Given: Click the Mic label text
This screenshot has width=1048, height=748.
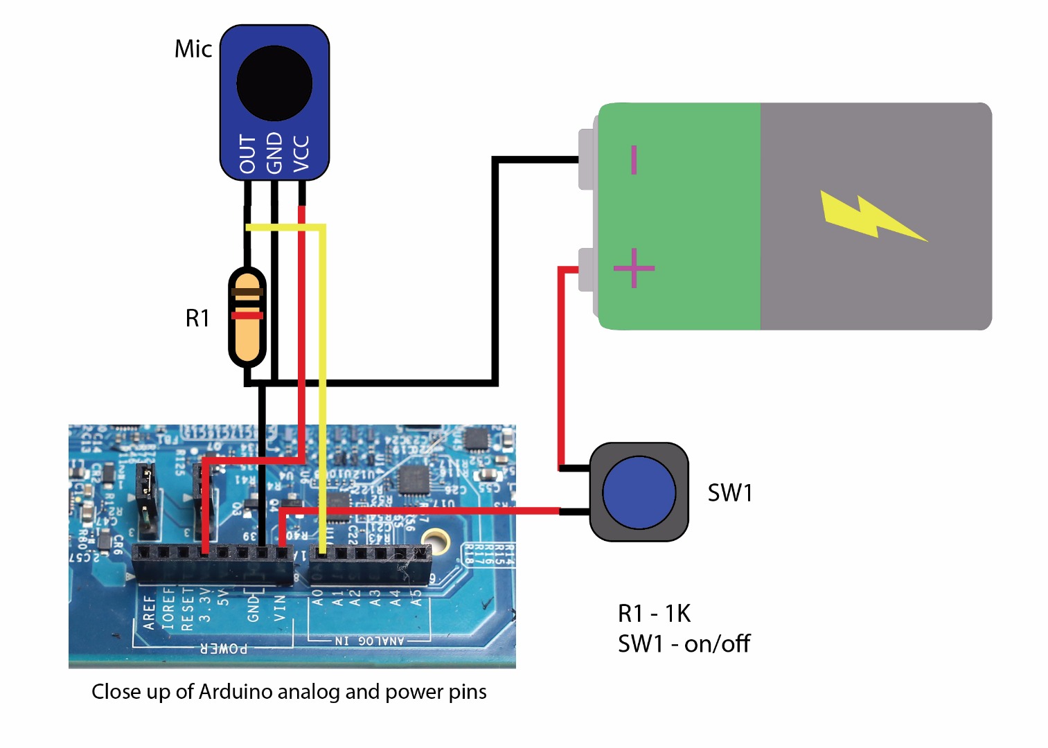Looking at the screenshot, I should tap(193, 49).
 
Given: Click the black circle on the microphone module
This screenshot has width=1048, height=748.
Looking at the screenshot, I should tap(274, 83).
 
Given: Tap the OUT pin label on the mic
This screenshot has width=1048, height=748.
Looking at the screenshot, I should tap(247, 154).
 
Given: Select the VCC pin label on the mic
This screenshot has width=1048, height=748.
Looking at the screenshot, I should tap(301, 154).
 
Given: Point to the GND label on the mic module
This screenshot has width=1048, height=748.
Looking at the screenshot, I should tap(274, 153).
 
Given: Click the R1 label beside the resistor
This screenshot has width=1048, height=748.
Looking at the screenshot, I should tap(197, 318).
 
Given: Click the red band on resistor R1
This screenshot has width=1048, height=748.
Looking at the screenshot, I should tap(247, 316).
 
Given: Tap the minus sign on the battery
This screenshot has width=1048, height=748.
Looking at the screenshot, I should tap(633, 159).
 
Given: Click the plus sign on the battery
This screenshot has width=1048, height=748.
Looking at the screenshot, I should tap(634, 268).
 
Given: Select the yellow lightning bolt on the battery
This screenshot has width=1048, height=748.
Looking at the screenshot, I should tap(869, 217).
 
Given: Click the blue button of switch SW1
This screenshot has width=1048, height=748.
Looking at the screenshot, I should tap(639, 492).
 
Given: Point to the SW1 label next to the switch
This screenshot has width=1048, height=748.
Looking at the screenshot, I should tap(729, 493).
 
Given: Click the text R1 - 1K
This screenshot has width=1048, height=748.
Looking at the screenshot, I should tap(654, 614).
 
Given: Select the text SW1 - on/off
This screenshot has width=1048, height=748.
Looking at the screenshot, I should tap(684, 644).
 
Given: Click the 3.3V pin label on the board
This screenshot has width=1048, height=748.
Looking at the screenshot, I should tap(204, 605).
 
